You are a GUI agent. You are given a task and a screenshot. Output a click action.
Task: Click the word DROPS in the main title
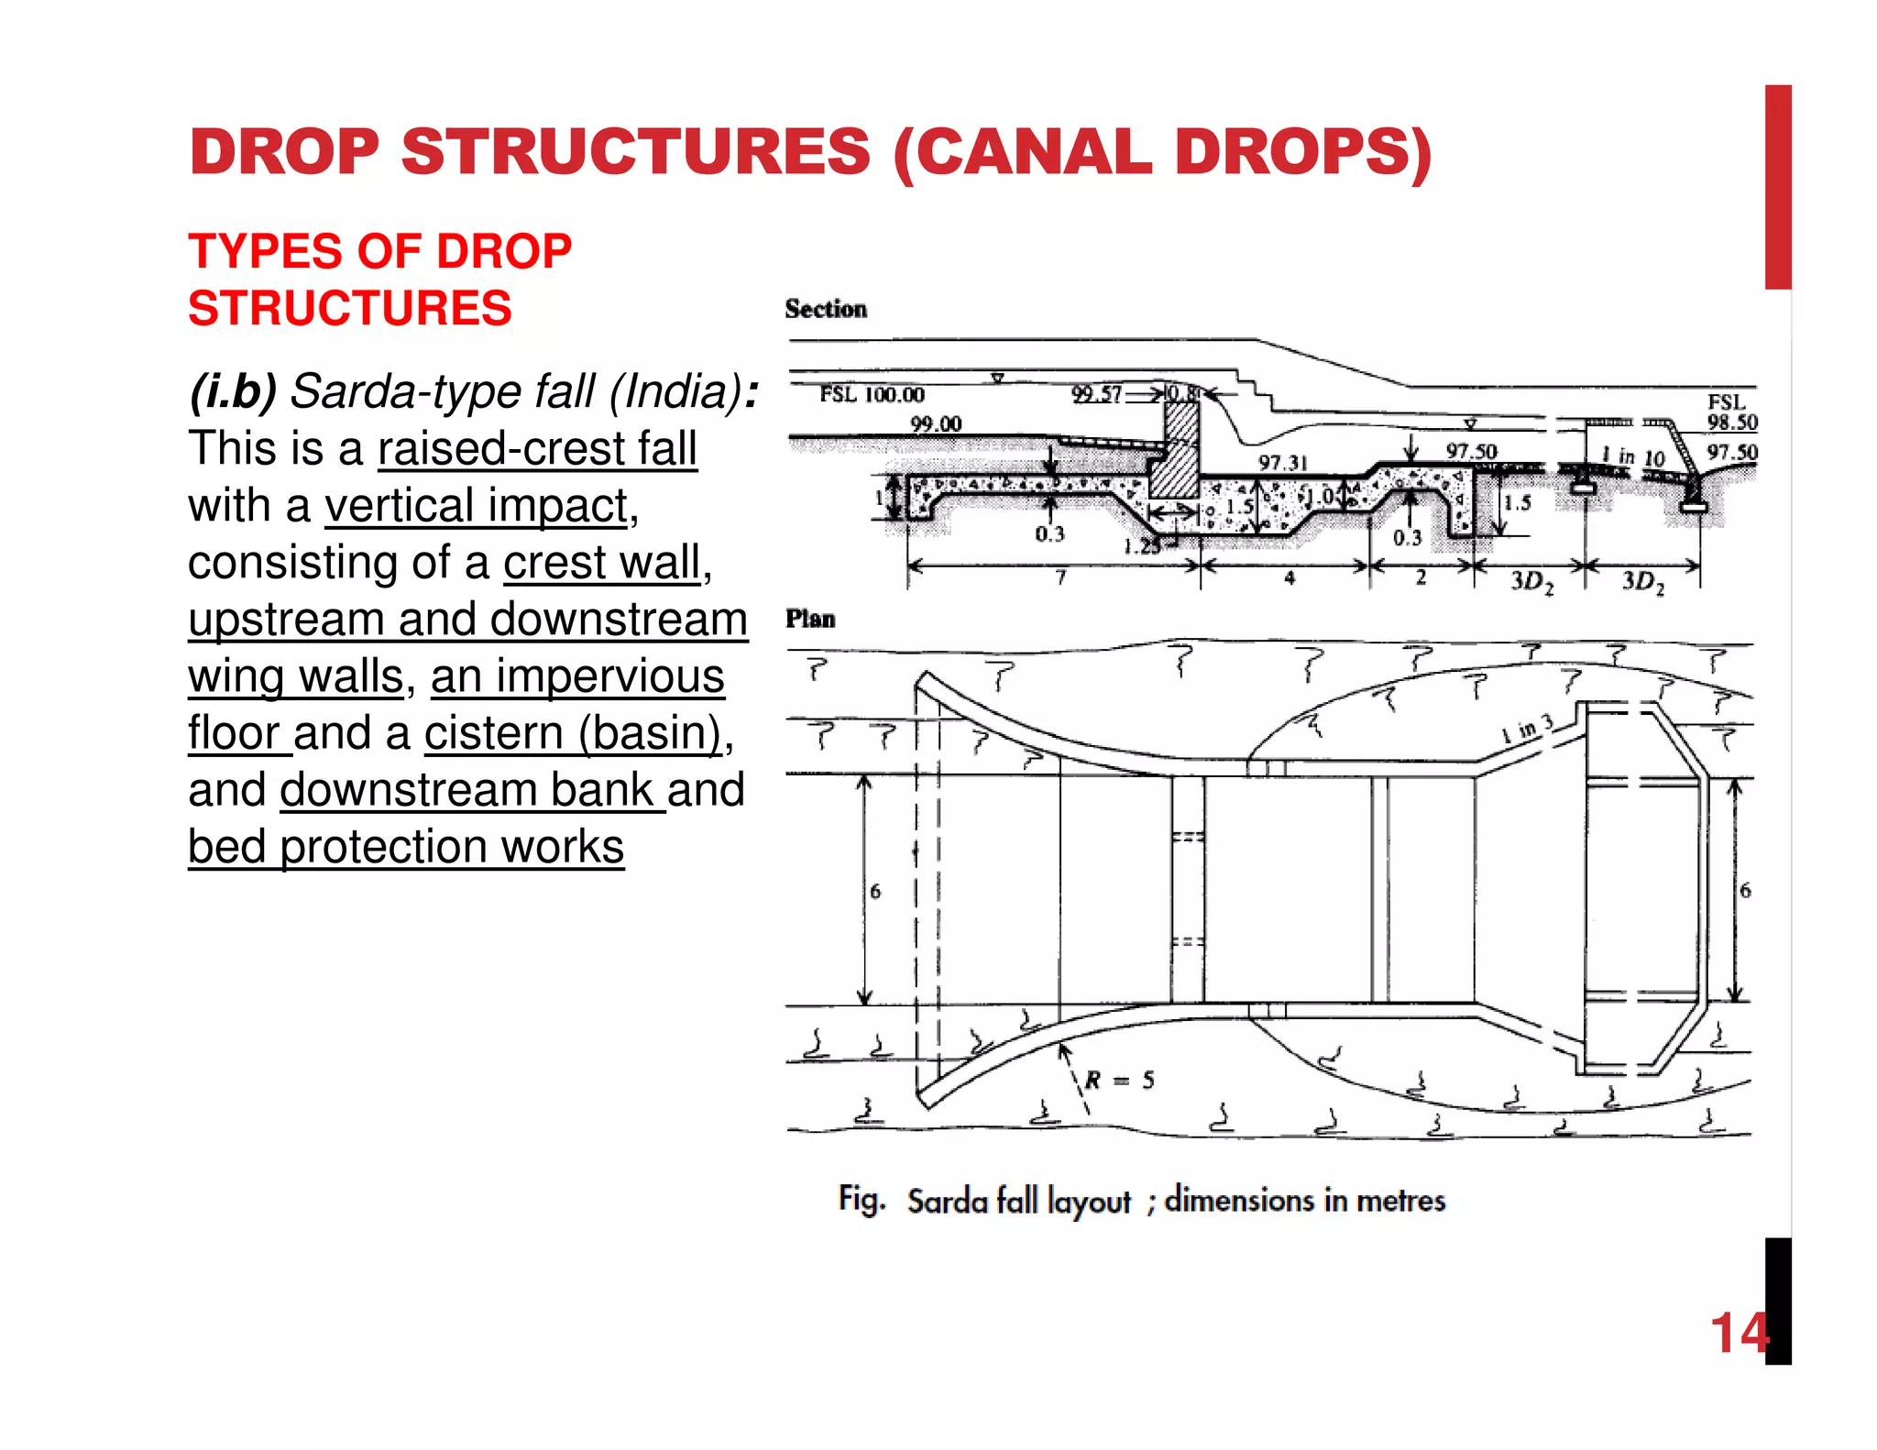1301,152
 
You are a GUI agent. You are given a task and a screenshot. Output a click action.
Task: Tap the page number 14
1739,1333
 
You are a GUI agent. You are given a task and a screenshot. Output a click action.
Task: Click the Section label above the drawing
825,309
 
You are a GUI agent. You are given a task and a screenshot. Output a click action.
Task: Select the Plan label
810,619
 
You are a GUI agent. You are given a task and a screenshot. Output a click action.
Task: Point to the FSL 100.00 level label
872,395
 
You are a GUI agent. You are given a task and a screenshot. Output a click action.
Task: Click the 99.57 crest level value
1096,394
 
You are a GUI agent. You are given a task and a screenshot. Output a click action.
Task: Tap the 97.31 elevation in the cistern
1282,463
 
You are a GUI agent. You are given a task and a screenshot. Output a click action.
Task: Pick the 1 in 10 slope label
1632,456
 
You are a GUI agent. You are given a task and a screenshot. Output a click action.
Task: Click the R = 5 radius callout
1119,1080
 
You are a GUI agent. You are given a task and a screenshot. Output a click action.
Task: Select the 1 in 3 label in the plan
1527,729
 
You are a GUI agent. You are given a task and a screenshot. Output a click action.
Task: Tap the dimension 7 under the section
1060,577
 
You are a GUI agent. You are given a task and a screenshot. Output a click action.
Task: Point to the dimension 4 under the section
1289,577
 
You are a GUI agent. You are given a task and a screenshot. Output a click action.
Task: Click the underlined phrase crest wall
601,563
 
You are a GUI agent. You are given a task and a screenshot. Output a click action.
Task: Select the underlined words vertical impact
477,506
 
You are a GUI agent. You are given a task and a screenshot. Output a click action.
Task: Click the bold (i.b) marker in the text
232,392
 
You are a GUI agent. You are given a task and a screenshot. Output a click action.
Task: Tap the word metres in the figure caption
1400,1200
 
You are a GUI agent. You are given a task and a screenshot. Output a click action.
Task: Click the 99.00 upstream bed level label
935,424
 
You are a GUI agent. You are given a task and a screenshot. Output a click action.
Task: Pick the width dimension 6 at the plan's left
875,891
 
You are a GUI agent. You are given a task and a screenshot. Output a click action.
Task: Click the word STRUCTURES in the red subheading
349,308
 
